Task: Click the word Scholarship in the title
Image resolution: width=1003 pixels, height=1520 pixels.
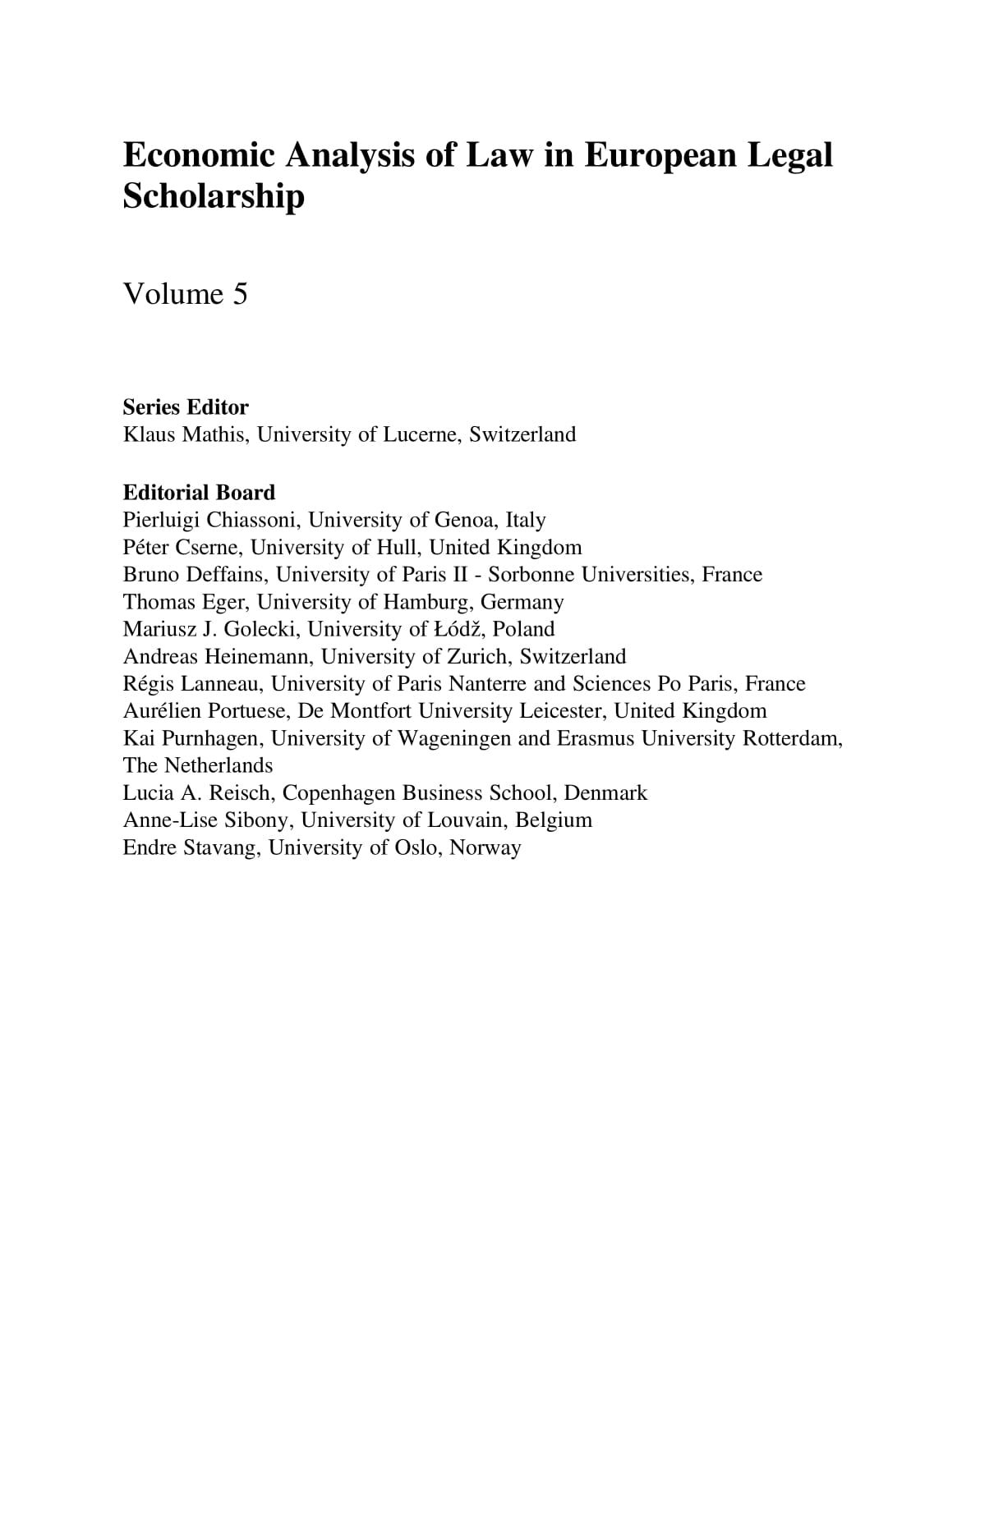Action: [214, 197]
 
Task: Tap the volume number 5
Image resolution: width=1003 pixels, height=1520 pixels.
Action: [239, 294]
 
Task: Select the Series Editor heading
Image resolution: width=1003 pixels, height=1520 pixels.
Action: [186, 407]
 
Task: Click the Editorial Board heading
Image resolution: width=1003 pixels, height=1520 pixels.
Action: [199, 493]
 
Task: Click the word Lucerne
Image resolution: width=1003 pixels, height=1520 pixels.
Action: [421, 434]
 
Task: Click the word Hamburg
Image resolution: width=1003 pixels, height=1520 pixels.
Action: [427, 602]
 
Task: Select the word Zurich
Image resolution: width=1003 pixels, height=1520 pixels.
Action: [478, 657]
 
